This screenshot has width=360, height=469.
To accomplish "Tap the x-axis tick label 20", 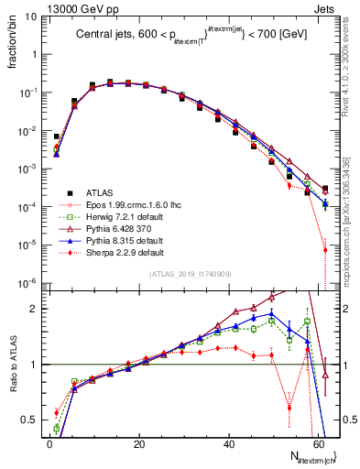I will [140, 443].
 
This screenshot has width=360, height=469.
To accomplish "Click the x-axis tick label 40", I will [230, 443].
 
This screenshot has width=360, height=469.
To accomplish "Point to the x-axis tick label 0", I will [50, 443].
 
